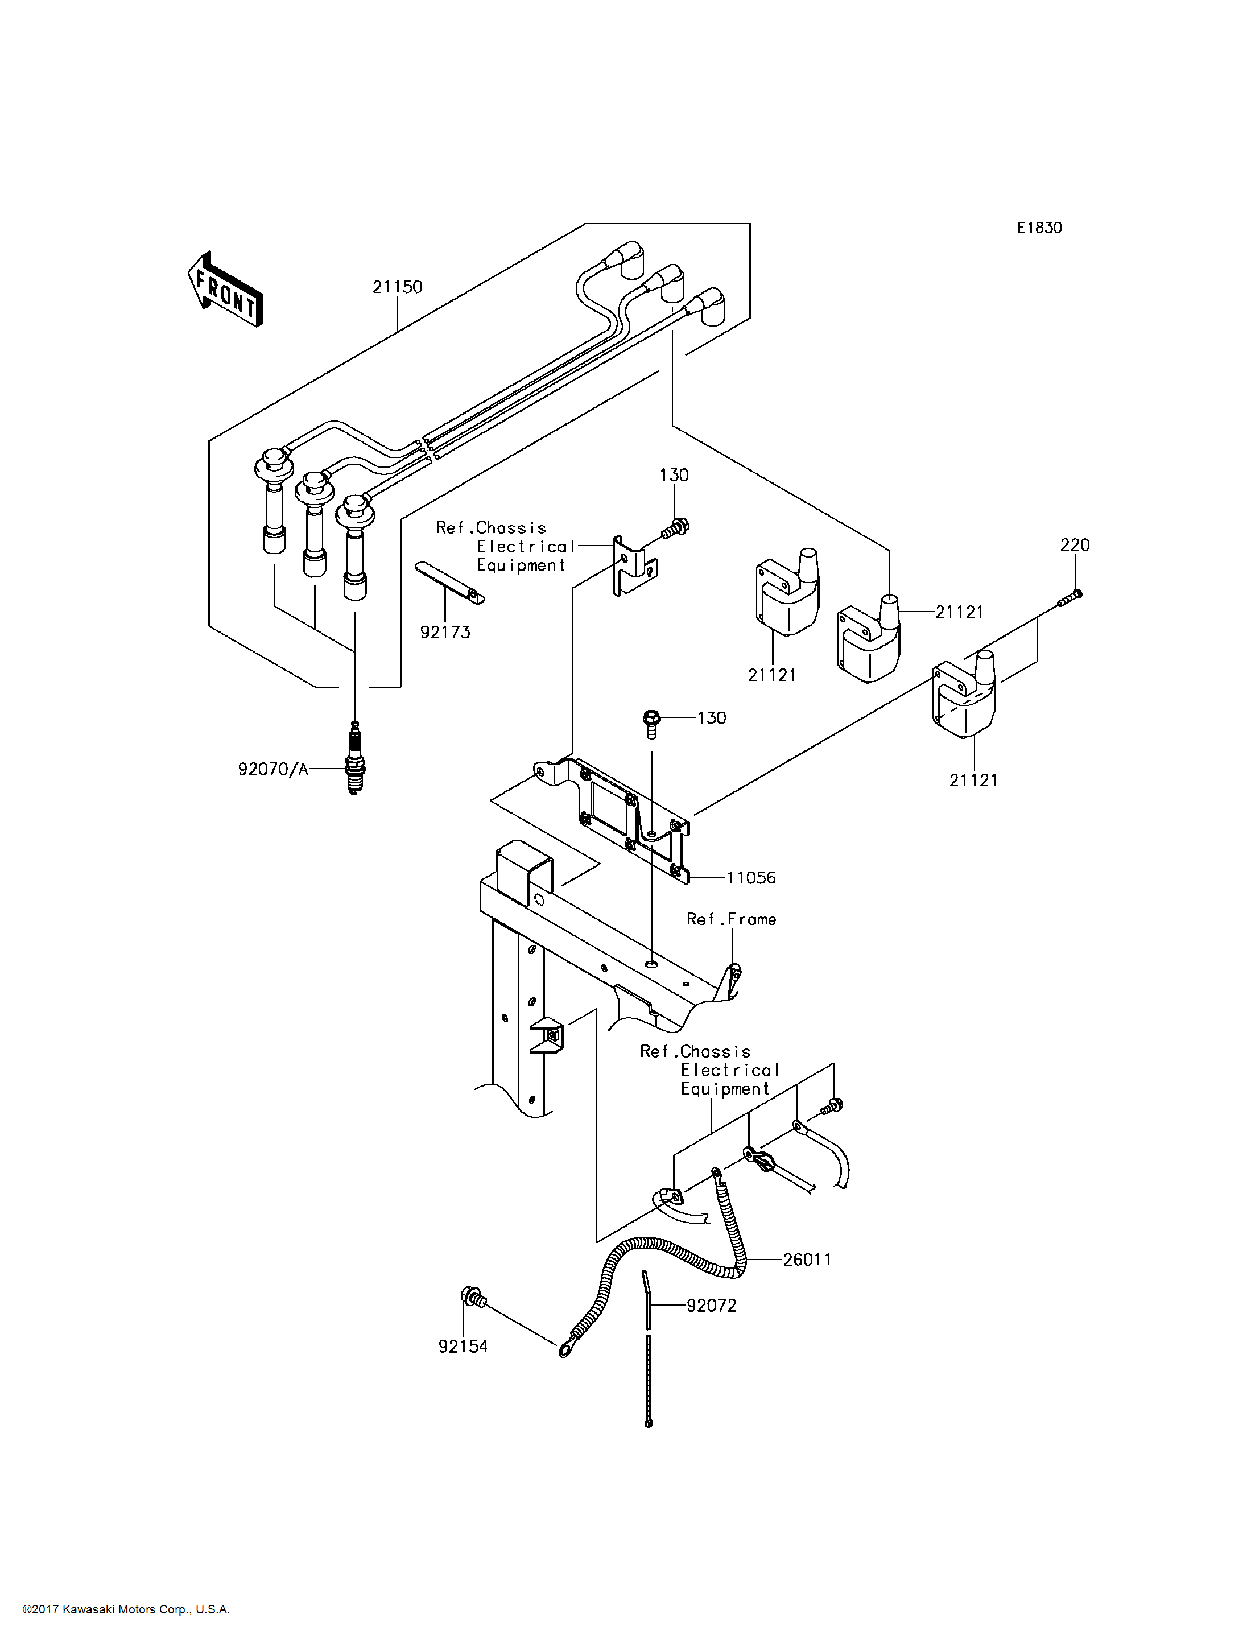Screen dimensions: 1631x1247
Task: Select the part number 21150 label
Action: (397, 287)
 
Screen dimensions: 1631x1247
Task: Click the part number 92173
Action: (445, 632)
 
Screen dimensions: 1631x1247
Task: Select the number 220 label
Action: (1075, 545)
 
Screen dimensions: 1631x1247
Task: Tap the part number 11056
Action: (751, 877)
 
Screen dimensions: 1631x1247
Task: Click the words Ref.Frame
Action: (731, 919)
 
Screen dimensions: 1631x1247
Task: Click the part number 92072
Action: (711, 1305)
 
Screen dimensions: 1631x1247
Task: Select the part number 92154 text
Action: (463, 1346)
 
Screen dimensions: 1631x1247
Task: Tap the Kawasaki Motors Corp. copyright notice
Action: (126, 1609)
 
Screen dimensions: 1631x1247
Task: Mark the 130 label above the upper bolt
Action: (674, 475)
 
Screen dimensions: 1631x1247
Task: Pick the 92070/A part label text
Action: (273, 769)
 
